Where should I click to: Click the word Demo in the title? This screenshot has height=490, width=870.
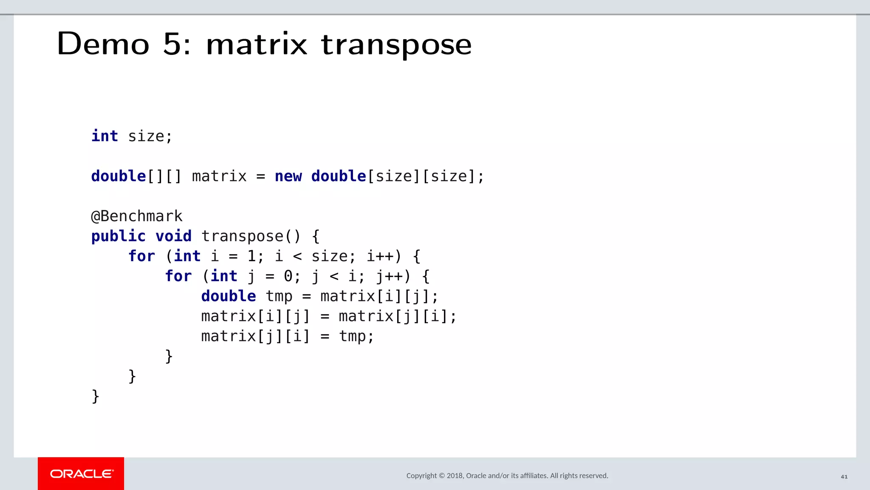coord(103,44)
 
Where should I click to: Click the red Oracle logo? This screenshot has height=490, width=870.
coord(81,473)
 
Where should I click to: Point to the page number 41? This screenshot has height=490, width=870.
coord(844,476)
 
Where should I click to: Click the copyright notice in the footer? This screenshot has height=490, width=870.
coord(507,476)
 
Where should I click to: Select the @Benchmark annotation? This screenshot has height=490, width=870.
coord(137,216)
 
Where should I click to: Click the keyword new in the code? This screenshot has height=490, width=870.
coord(288,176)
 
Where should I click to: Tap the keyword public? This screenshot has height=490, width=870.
coord(119,236)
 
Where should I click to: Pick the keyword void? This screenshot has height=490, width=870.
coord(173,236)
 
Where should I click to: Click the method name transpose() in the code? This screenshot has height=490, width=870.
coord(251,236)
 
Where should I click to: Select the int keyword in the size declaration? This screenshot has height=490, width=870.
coord(105,136)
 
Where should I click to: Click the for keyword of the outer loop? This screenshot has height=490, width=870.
coord(142,256)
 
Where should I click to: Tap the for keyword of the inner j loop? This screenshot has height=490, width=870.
coord(178,276)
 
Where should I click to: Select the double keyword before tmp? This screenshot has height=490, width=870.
coord(229,296)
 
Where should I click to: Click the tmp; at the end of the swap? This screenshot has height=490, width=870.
coord(356,336)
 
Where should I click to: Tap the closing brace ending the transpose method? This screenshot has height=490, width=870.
coord(96,396)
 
